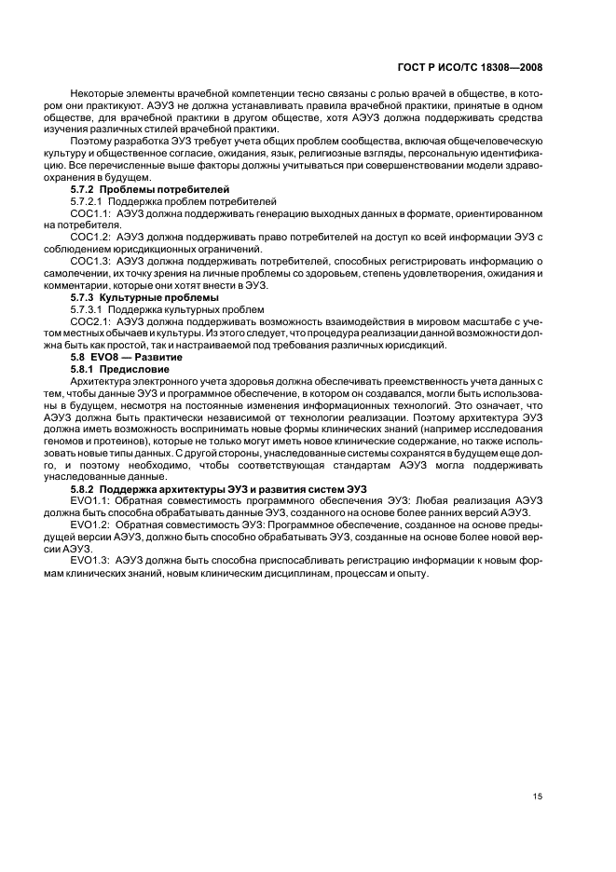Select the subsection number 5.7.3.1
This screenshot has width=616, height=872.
87,308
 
